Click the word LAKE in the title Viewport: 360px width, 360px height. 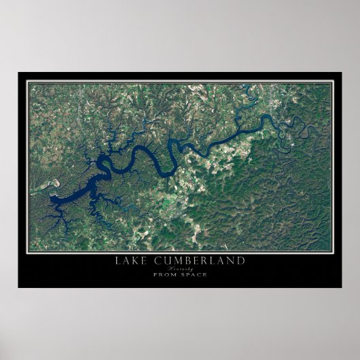(135, 261)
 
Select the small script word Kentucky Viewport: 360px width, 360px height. (180, 268)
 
